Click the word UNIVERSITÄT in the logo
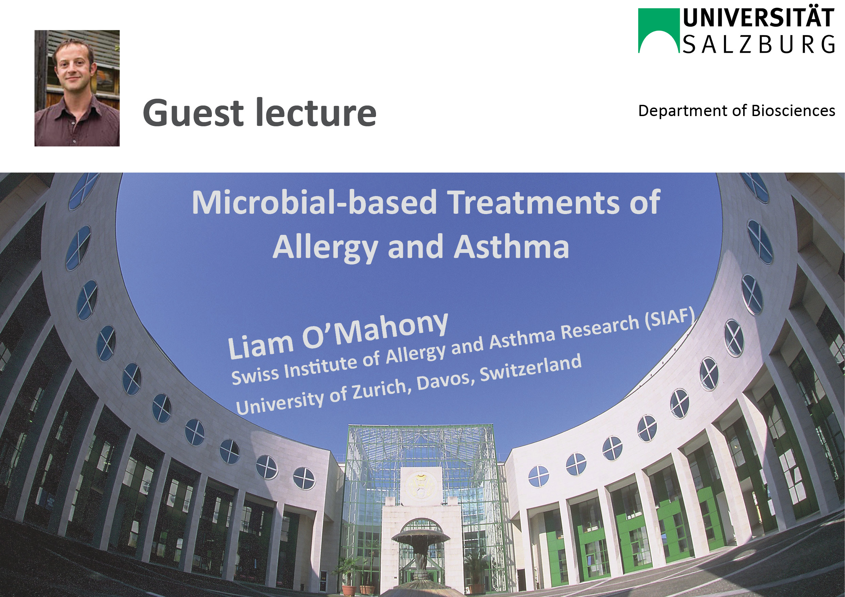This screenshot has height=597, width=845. tap(758, 18)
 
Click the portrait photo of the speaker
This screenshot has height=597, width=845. tap(77, 88)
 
